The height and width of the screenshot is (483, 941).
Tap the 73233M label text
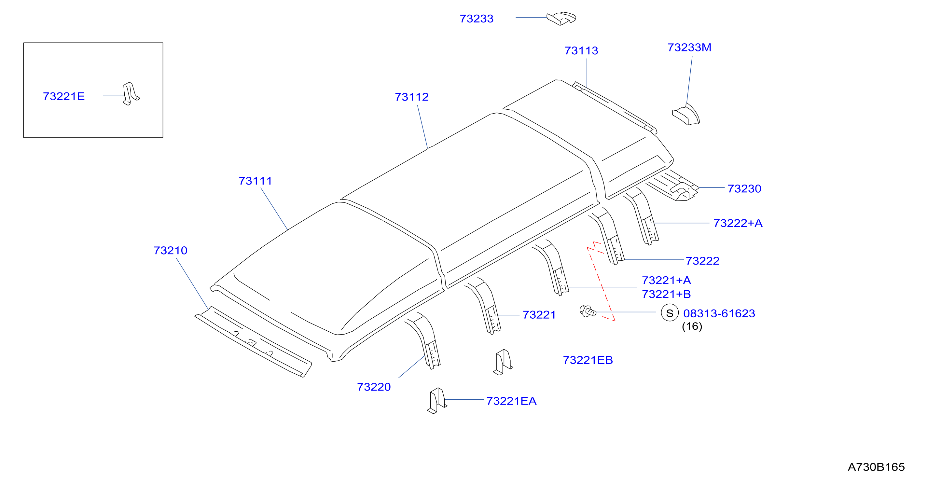[x=689, y=48]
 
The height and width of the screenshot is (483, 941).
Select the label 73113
[x=581, y=51]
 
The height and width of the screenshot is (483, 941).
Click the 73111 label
[x=255, y=181]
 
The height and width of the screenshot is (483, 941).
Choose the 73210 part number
[x=170, y=251]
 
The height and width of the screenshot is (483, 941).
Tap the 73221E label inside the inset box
[x=63, y=96]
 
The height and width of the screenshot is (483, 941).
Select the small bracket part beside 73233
[x=561, y=18]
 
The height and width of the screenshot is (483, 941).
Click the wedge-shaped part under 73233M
[x=686, y=115]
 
